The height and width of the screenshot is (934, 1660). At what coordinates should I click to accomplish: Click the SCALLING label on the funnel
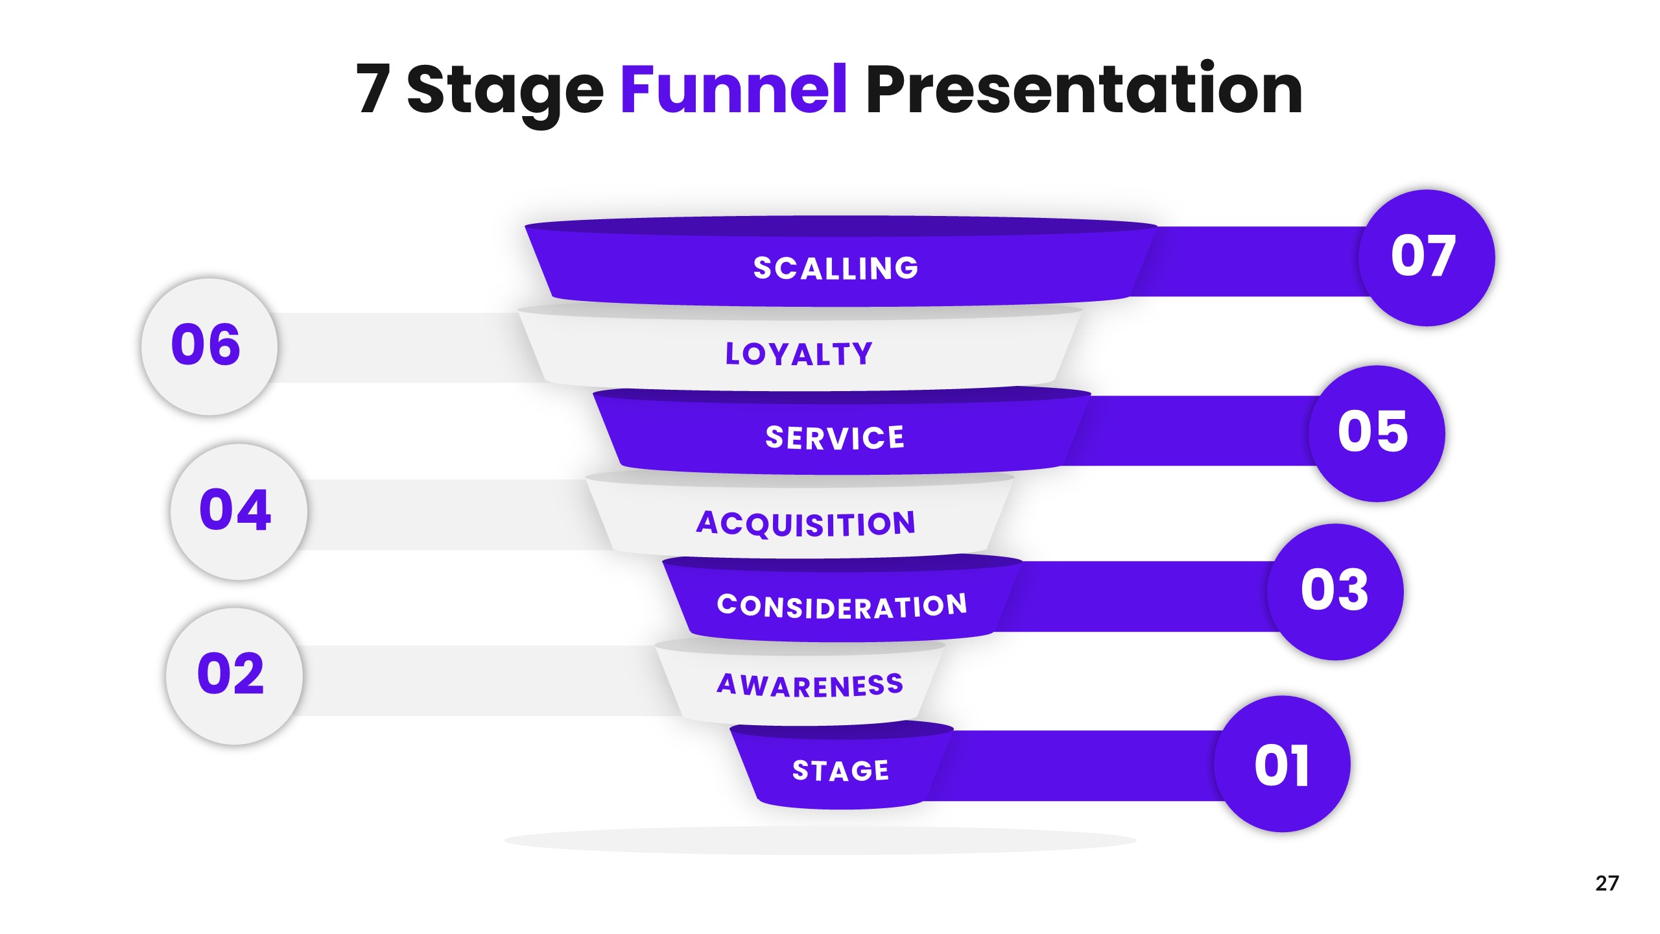(836, 268)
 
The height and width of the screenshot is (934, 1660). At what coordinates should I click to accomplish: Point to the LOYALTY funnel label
(799, 354)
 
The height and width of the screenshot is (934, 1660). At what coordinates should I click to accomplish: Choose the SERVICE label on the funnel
(835, 438)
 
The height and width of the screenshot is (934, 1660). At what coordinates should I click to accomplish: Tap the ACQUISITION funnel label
(806, 523)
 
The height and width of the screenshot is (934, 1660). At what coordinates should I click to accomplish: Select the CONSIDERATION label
(842, 606)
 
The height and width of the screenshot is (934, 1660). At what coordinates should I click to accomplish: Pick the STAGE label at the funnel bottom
(840, 771)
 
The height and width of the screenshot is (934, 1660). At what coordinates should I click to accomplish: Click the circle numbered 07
(1426, 257)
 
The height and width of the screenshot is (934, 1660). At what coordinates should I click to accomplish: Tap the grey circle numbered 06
(209, 346)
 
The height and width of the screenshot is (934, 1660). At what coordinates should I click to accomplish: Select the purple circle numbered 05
(1376, 433)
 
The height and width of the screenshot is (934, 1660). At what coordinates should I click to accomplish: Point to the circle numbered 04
(238, 511)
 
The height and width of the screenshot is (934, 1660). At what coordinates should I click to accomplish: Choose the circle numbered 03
(1335, 592)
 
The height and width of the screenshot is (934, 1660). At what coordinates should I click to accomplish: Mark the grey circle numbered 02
(233, 676)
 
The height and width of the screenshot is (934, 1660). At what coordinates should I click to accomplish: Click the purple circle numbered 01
(1282, 764)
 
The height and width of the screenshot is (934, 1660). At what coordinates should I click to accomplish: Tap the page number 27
(1607, 883)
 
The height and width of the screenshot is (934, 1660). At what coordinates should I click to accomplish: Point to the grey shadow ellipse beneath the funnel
(820, 841)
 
